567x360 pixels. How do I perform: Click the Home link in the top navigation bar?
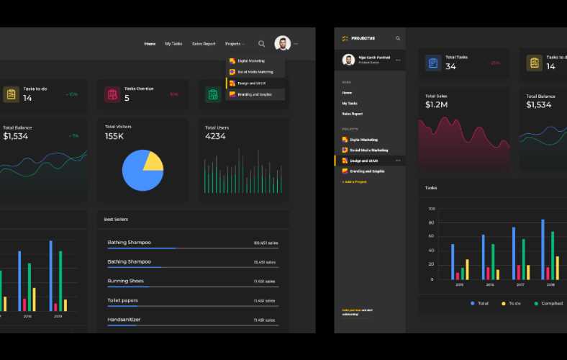click(x=150, y=44)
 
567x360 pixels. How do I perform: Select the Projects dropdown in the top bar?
click(x=235, y=44)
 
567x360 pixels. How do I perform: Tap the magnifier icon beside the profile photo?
click(x=261, y=44)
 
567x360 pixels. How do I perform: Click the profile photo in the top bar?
click(x=282, y=44)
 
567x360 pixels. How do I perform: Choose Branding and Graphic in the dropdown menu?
click(x=254, y=94)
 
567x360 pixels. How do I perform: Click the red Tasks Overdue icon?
click(x=112, y=94)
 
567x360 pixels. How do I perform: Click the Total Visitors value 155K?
click(x=114, y=136)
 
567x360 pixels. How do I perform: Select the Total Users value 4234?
click(x=215, y=136)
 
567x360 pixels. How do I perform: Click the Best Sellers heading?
click(x=116, y=219)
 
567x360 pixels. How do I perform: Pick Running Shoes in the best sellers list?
click(x=126, y=281)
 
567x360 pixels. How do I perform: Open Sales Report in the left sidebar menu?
click(x=352, y=114)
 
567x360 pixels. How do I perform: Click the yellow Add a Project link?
click(x=354, y=181)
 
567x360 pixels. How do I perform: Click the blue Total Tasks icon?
click(x=433, y=63)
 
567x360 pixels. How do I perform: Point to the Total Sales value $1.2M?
click(x=437, y=104)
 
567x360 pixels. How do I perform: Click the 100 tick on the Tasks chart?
click(x=432, y=209)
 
